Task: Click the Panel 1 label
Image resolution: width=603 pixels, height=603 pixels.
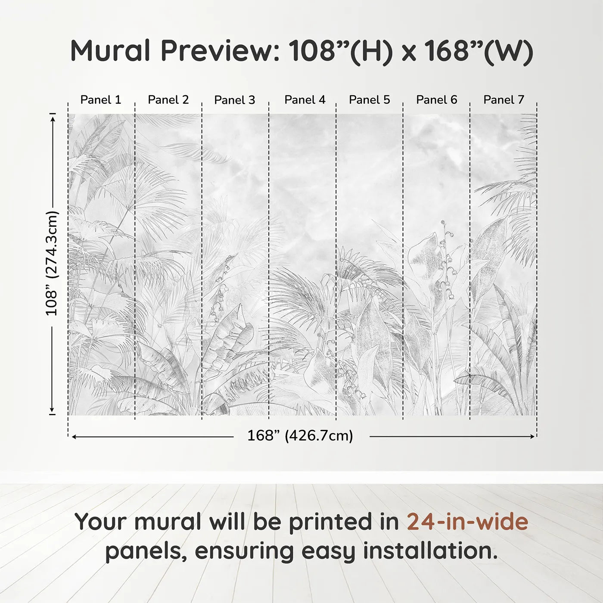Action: (100, 100)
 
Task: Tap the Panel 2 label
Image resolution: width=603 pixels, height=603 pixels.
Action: (168, 100)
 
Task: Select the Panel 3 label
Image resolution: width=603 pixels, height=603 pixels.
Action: (235, 100)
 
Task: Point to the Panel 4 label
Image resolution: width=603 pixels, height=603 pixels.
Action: (305, 100)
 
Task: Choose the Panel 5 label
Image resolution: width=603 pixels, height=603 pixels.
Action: (370, 100)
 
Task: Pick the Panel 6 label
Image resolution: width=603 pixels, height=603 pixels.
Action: (436, 100)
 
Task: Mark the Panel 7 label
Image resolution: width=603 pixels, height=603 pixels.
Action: (504, 100)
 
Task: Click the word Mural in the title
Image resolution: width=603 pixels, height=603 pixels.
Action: (110, 50)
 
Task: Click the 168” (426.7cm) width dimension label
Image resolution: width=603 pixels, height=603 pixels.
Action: (300, 435)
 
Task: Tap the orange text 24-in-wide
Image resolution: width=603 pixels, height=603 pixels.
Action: (467, 522)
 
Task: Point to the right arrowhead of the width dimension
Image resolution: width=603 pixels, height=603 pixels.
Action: (532, 436)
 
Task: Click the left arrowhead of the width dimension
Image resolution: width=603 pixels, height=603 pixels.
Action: (75, 436)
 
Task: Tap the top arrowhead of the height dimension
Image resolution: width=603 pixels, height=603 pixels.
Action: (53, 119)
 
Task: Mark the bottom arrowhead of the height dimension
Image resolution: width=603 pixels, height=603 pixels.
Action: (53, 410)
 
